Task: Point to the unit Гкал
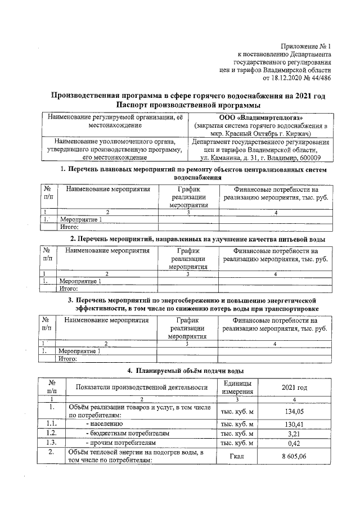click(x=236, y=457)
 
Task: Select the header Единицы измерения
click(x=236, y=387)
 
